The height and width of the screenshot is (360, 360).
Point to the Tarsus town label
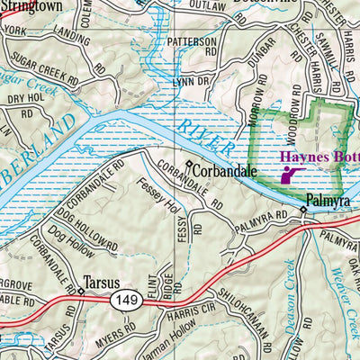click(101, 281)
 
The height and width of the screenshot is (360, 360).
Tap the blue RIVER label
click(202, 130)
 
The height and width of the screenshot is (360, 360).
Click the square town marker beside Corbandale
click(189, 165)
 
